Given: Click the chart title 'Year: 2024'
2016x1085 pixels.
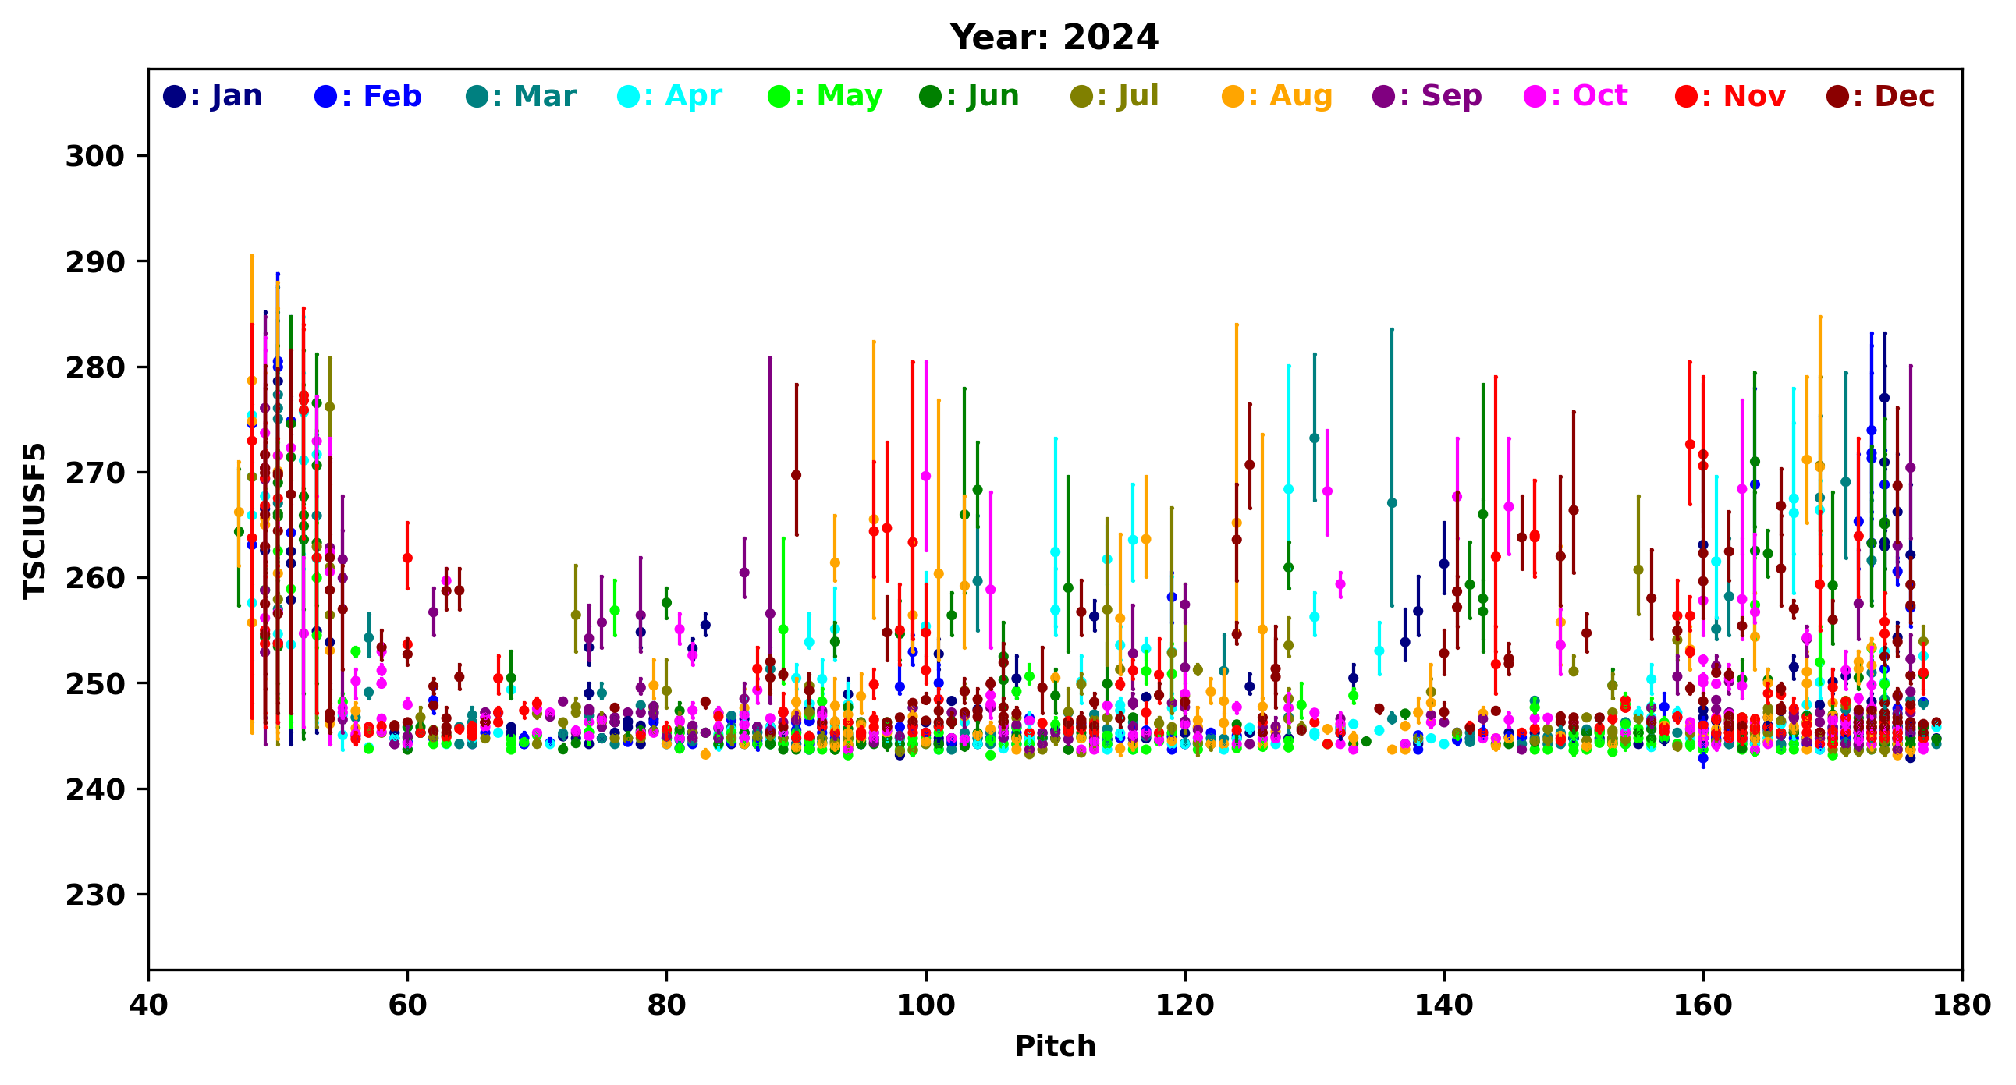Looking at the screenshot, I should (1053, 37).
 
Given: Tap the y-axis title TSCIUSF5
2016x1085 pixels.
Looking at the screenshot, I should (34, 521).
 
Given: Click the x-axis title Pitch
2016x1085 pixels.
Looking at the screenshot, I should (1054, 1046).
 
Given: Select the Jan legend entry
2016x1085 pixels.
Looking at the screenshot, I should (213, 96).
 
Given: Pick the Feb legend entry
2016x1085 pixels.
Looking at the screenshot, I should (367, 96).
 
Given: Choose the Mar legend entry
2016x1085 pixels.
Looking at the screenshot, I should (521, 96).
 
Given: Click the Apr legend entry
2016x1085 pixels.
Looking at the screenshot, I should (670, 96).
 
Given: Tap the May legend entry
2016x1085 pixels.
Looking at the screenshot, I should (825, 96).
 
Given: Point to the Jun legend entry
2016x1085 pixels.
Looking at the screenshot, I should (970, 96).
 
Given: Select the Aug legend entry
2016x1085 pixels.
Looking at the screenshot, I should (1277, 96).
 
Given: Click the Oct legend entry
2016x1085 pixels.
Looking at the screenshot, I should (1576, 96).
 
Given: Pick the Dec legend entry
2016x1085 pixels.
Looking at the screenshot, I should (1880, 96).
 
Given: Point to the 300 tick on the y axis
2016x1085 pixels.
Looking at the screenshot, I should (94, 157).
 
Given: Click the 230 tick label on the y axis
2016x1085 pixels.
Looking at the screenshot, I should (94, 895).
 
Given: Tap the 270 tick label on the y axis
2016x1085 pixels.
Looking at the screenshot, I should (94, 473).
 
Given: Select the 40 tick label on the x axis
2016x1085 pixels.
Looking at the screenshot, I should (149, 1005).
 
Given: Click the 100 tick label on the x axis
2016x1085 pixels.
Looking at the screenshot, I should (926, 1005).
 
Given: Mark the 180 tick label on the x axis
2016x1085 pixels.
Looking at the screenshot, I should (1961, 1005).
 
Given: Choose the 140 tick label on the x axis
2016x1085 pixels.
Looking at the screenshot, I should (1444, 1005).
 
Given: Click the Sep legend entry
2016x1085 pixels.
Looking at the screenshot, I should (1428, 96).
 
